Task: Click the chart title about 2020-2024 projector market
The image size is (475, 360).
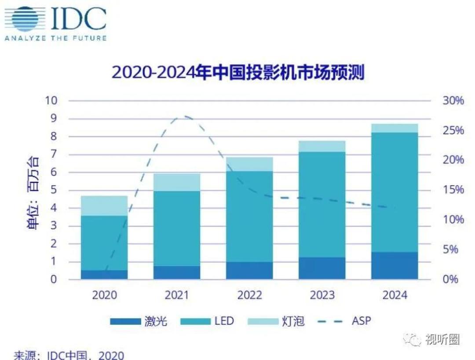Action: tap(238, 73)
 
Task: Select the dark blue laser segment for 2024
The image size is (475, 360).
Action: tap(394, 265)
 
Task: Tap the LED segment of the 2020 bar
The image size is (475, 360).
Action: tap(104, 242)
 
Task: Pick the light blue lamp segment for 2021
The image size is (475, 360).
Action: tap(177, 182)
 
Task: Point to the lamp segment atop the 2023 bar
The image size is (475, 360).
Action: tap(322, 146)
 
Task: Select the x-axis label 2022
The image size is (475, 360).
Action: tap(249, 295)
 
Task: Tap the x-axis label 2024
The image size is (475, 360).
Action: tap(395, 295)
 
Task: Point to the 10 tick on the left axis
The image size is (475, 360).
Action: tap(51, 100)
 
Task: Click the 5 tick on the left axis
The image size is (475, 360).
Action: tap(54, 190)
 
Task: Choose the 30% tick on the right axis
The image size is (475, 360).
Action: tap(453, 101)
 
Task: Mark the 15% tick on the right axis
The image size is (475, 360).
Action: tap(453, 190)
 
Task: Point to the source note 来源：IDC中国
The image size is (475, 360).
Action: tap(69, 355)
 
